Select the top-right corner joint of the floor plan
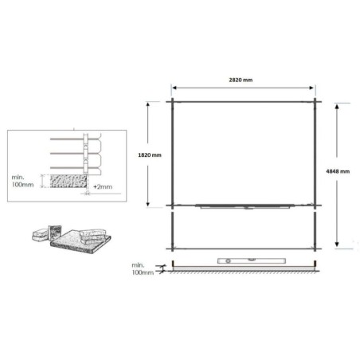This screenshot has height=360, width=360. pos(315,101)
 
